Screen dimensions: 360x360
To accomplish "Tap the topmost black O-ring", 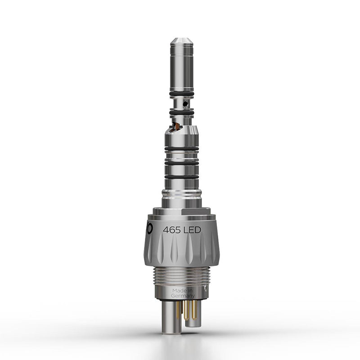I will pyautogui.click(x=182, y=94).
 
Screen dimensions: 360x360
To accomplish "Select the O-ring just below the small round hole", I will pyautogui.click(x=182, y=112).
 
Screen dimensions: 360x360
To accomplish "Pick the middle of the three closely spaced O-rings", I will pyautogui.click(x=182, y=162).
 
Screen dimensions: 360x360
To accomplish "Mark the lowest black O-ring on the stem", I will pyautogui.click(x=182, y=177).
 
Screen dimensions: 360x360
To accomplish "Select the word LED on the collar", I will pyautogui.click(x=192, y=230).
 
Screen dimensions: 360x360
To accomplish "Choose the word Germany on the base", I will pyautogui.click(x=183, y=296).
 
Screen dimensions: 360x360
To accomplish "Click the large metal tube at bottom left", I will pyautogui.click(x=169, y=317).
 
